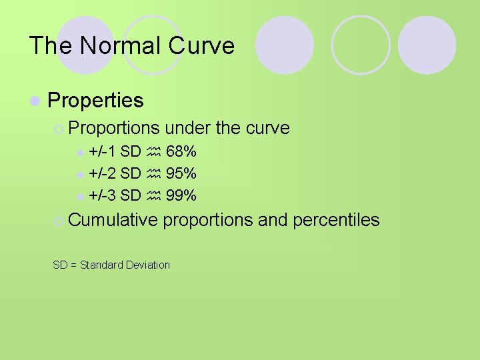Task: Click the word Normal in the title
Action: pos(121,45)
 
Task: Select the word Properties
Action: pos(95,100)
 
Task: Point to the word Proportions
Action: pos(114,127)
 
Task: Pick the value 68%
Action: pos(181,152)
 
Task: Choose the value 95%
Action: pos(181,173)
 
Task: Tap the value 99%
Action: pos(181,195)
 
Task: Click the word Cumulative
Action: pos(113,220)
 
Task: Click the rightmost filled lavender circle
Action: pos(427,45)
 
